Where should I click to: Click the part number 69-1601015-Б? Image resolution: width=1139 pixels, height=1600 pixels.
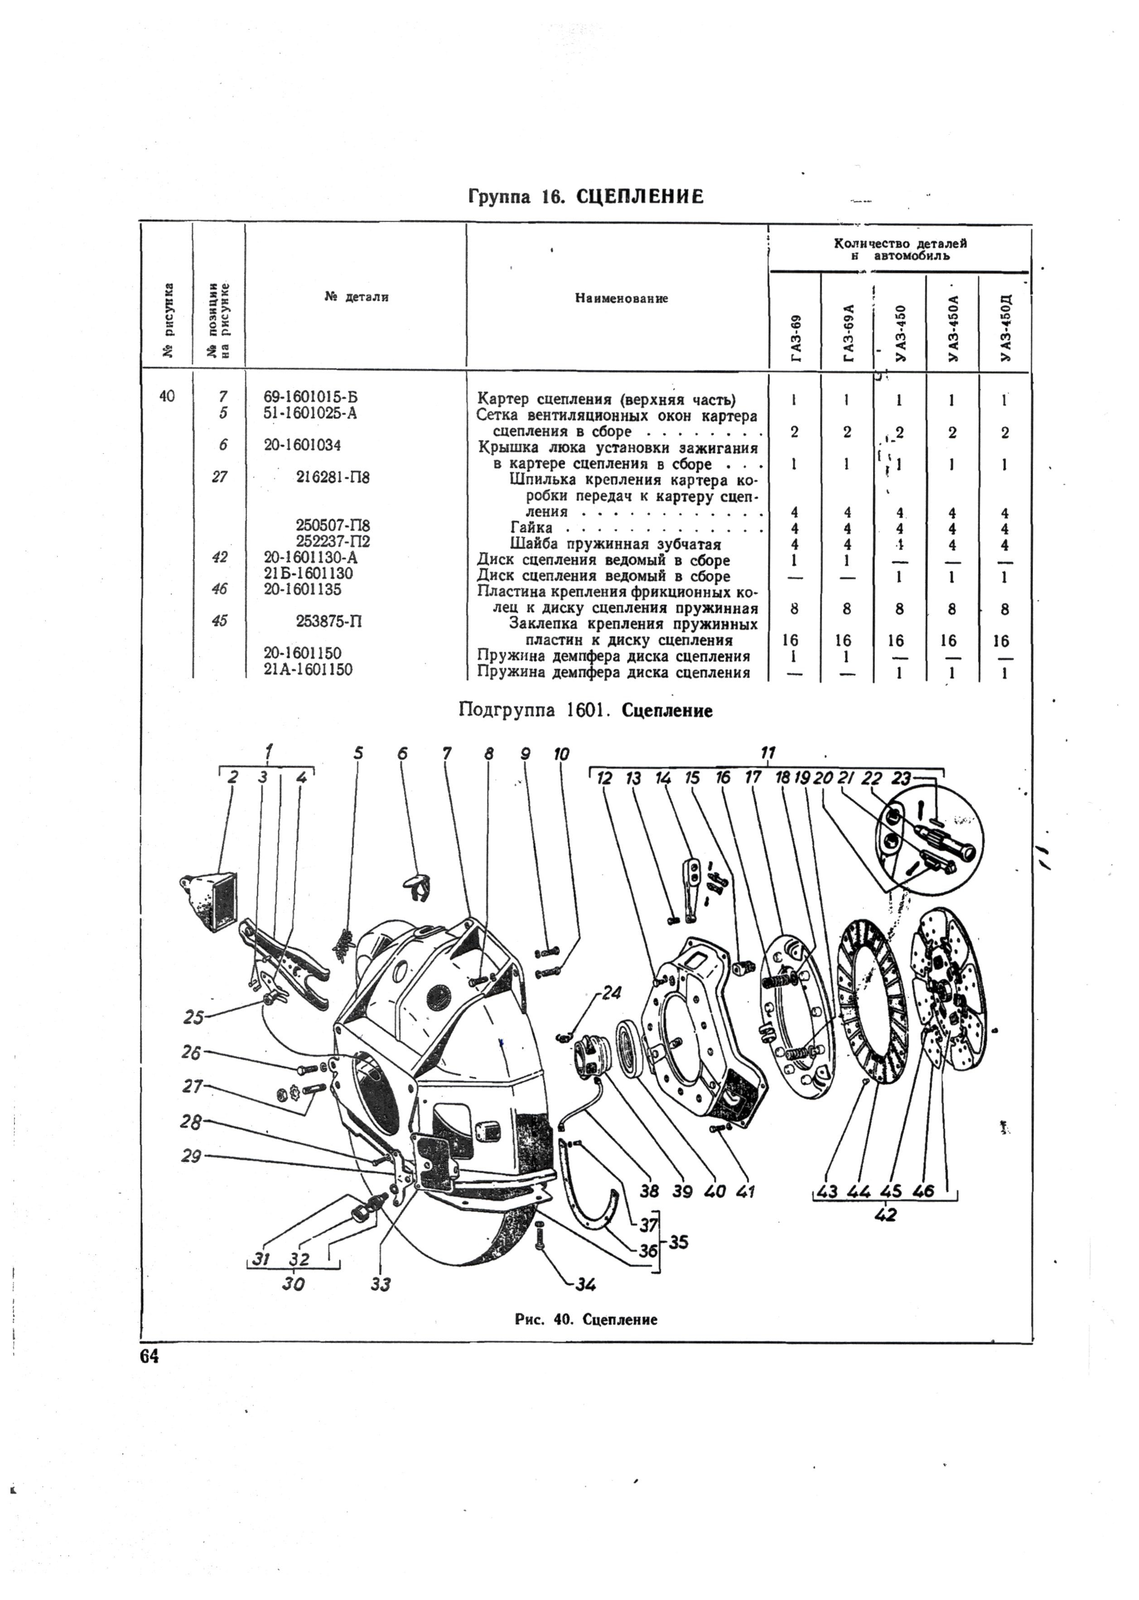pyautogui.click(x=311, y=397)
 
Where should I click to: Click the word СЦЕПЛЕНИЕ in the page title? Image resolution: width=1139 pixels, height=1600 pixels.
pyautogui.click(x=640, y=197)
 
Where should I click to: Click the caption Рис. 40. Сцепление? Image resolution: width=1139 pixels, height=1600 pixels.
pyautogui.click(x=586, y=1320)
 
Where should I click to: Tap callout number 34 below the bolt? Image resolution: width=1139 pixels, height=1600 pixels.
pyautogui.click(x=585, y=1284)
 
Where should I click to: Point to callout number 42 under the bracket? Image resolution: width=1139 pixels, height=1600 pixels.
pyautogui.click(x=886, y=1215)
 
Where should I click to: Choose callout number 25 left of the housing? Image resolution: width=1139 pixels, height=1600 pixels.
pyautogui.click(x=193, y=1017)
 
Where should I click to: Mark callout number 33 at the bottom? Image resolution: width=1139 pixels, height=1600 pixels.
pyautogui.click(x=380, y=1284)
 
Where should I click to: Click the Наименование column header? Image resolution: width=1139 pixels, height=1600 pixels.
pyautogui.click(x=622, y=299)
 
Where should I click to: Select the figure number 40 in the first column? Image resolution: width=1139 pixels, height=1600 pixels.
pyautogui.click(x=167, y=396)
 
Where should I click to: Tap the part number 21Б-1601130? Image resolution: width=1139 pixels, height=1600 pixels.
pyautogui.click(x=309, y=574)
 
